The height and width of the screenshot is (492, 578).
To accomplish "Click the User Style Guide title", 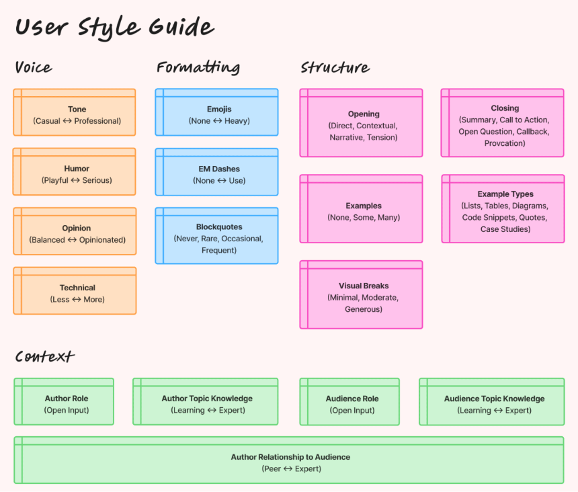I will coord(114,28).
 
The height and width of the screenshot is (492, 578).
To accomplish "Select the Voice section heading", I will coord(34,67).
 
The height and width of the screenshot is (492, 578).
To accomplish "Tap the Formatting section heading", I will coord(198,67).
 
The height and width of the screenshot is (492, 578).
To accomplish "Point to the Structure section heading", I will coord(335,67).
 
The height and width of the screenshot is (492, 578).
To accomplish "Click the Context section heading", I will coord(44,356).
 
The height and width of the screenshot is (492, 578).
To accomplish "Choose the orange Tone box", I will coord(75,112).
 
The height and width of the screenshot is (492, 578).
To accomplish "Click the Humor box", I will coord(75,172).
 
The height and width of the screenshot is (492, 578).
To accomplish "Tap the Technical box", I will coord(75,291).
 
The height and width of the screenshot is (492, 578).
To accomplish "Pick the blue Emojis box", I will coord(217,112).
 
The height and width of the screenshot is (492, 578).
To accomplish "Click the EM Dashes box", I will coord(217,172).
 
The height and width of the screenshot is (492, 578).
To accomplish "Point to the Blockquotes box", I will coord(217,235).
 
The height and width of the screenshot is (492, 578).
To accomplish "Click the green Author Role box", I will coord(64,401).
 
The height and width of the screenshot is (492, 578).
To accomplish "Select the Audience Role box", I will coord(349,401).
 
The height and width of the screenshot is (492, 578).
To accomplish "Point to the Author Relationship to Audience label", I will coord(290,457).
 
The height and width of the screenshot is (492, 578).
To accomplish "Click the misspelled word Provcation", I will coord(505,143).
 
